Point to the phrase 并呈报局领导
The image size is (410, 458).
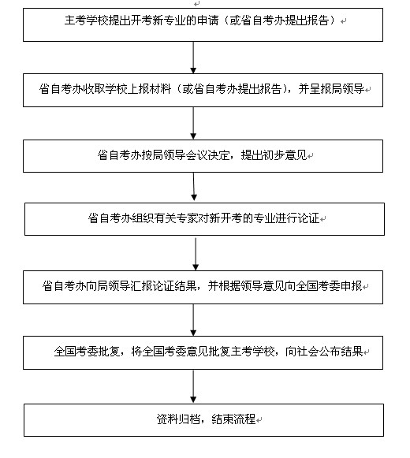(347, 89)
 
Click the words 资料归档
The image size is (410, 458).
(169, 418)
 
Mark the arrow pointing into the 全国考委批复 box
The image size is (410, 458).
(194, 319)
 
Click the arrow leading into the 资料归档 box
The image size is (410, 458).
(194, 386)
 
